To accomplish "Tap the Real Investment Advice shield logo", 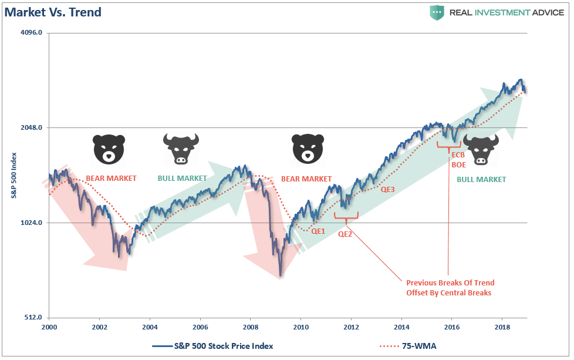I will click(x=436, y=12).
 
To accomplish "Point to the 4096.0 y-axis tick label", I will click(x=31, y=33).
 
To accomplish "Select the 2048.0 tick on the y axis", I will click(x=31, y=128).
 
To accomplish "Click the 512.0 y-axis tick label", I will click(x=32, y=318).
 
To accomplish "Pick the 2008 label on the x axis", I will click(x=251, y=326).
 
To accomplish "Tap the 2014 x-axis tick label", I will click(x=401, y=326).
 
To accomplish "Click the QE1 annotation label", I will click(x=318, y=231).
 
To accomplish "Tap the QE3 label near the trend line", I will click(x=387, y=190).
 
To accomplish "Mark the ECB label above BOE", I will click(x=458, y=155).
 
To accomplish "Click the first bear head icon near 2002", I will click(x=109, y=149).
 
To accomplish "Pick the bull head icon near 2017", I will click(x=480, y=149).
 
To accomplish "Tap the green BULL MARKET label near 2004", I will click(x=182, y=179).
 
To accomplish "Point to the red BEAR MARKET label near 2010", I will click(x=306, y=179).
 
